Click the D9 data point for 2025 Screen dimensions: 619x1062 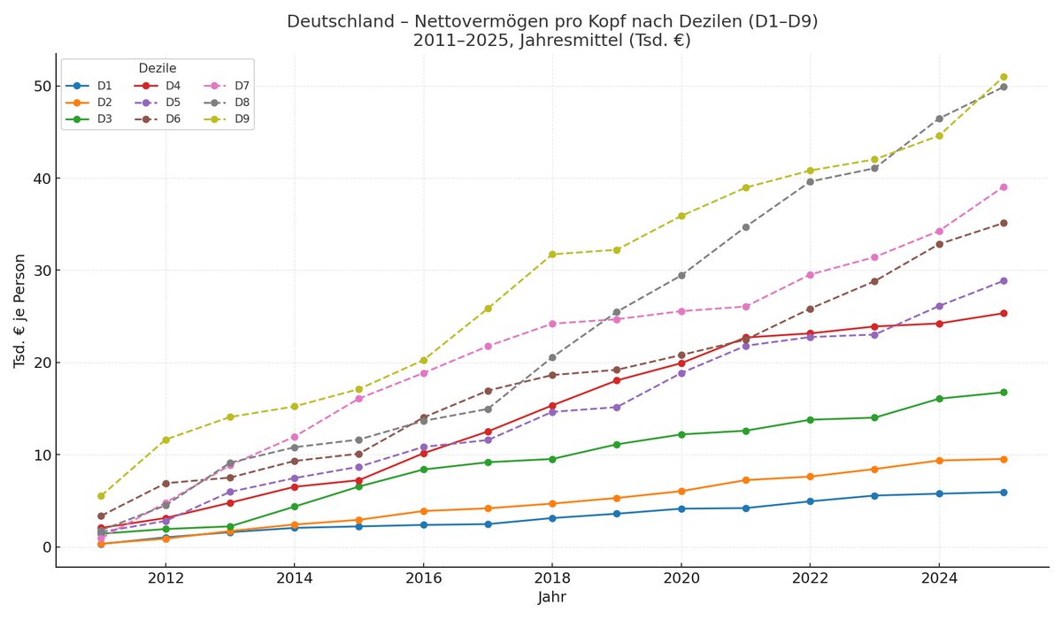[x=1003, y=77]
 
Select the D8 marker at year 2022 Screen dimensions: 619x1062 [x=810, y=181]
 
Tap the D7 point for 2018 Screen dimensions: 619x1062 [x=552, y=324]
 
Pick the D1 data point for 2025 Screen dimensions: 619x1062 [x=1003, y=493]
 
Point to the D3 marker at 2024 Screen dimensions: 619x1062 [x=939, y=399]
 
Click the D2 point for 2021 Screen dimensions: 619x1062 [x=745, y=480]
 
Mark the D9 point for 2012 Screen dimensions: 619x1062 [x=165, y=439]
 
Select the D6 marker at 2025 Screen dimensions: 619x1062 [x=1003, y=223]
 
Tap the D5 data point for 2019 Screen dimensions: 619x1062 [x=617, y=408]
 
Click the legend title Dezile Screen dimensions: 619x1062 [x=158, y=68]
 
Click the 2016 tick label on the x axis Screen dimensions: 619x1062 [x=423, y=578]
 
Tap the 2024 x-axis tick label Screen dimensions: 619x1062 [x=939, y=578]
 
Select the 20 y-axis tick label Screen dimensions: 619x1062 [x=39, y=363]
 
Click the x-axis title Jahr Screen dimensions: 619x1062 [x=551, y=598]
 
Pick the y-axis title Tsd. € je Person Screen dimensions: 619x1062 [x=19, y=310]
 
